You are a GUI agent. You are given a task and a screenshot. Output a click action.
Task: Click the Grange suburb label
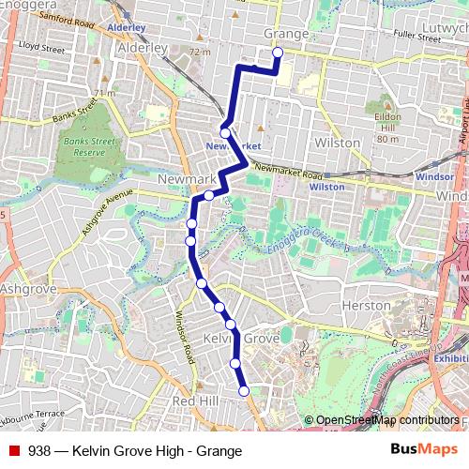[286, 34]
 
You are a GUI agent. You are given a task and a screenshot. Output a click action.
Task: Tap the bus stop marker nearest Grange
[278, 53]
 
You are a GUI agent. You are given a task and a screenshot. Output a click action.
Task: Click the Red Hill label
[195, 401]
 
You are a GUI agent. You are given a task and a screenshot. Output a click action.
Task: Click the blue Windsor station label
[434, 175]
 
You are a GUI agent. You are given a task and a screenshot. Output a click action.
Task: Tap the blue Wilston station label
[326, 187]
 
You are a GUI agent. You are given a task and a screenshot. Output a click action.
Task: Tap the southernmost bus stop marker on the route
[244, 391]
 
